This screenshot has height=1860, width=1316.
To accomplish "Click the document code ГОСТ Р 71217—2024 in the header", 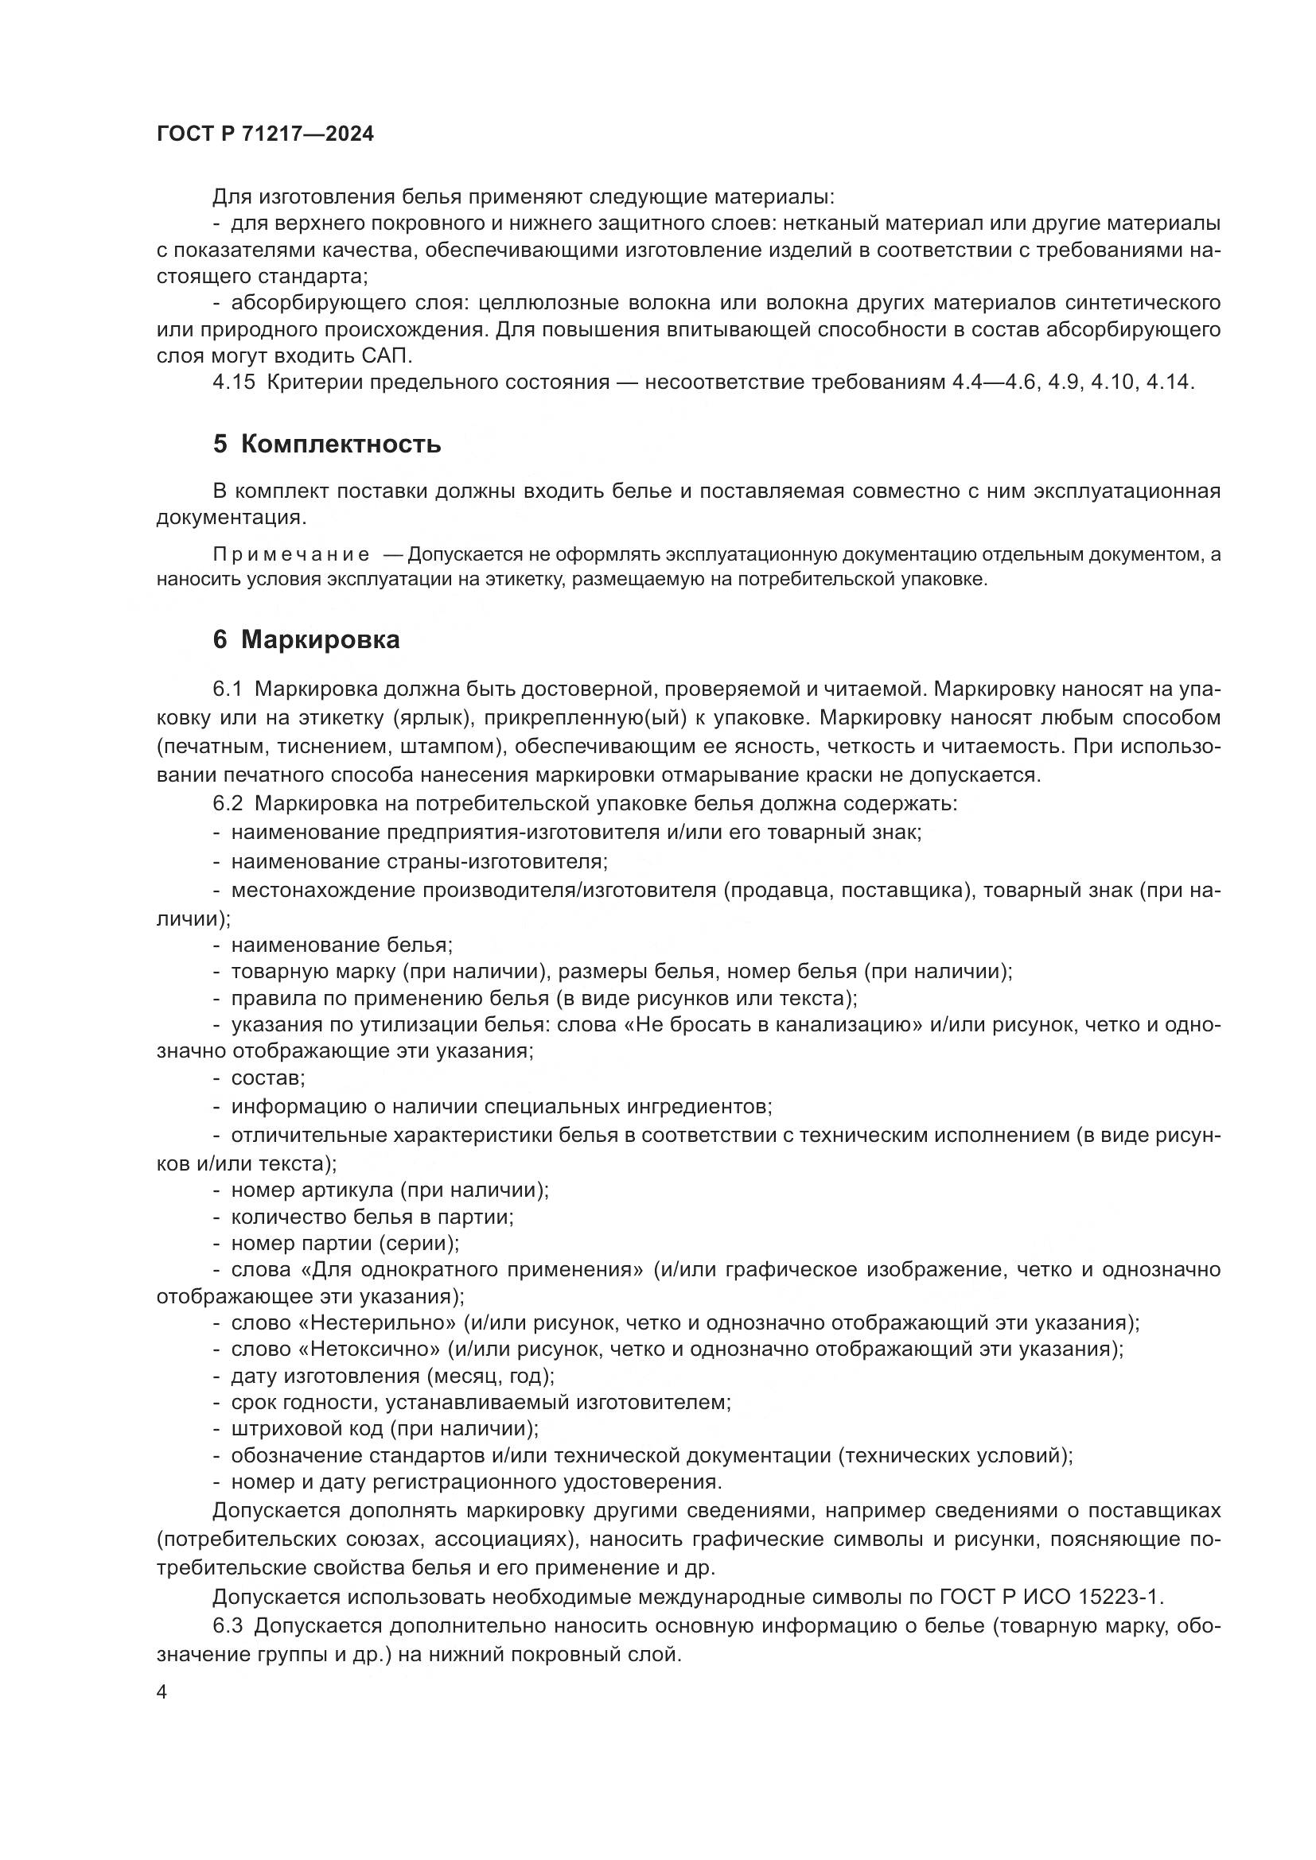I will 265,134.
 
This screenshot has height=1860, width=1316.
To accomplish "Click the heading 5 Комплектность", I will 326,444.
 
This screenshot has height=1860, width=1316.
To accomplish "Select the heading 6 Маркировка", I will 306,640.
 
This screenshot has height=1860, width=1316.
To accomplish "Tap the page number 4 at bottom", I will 162,1692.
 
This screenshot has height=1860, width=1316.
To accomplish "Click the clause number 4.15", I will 233,382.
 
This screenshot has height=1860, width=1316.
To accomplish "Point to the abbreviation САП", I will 383,355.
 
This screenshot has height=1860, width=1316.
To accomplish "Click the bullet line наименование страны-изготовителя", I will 419,861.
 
